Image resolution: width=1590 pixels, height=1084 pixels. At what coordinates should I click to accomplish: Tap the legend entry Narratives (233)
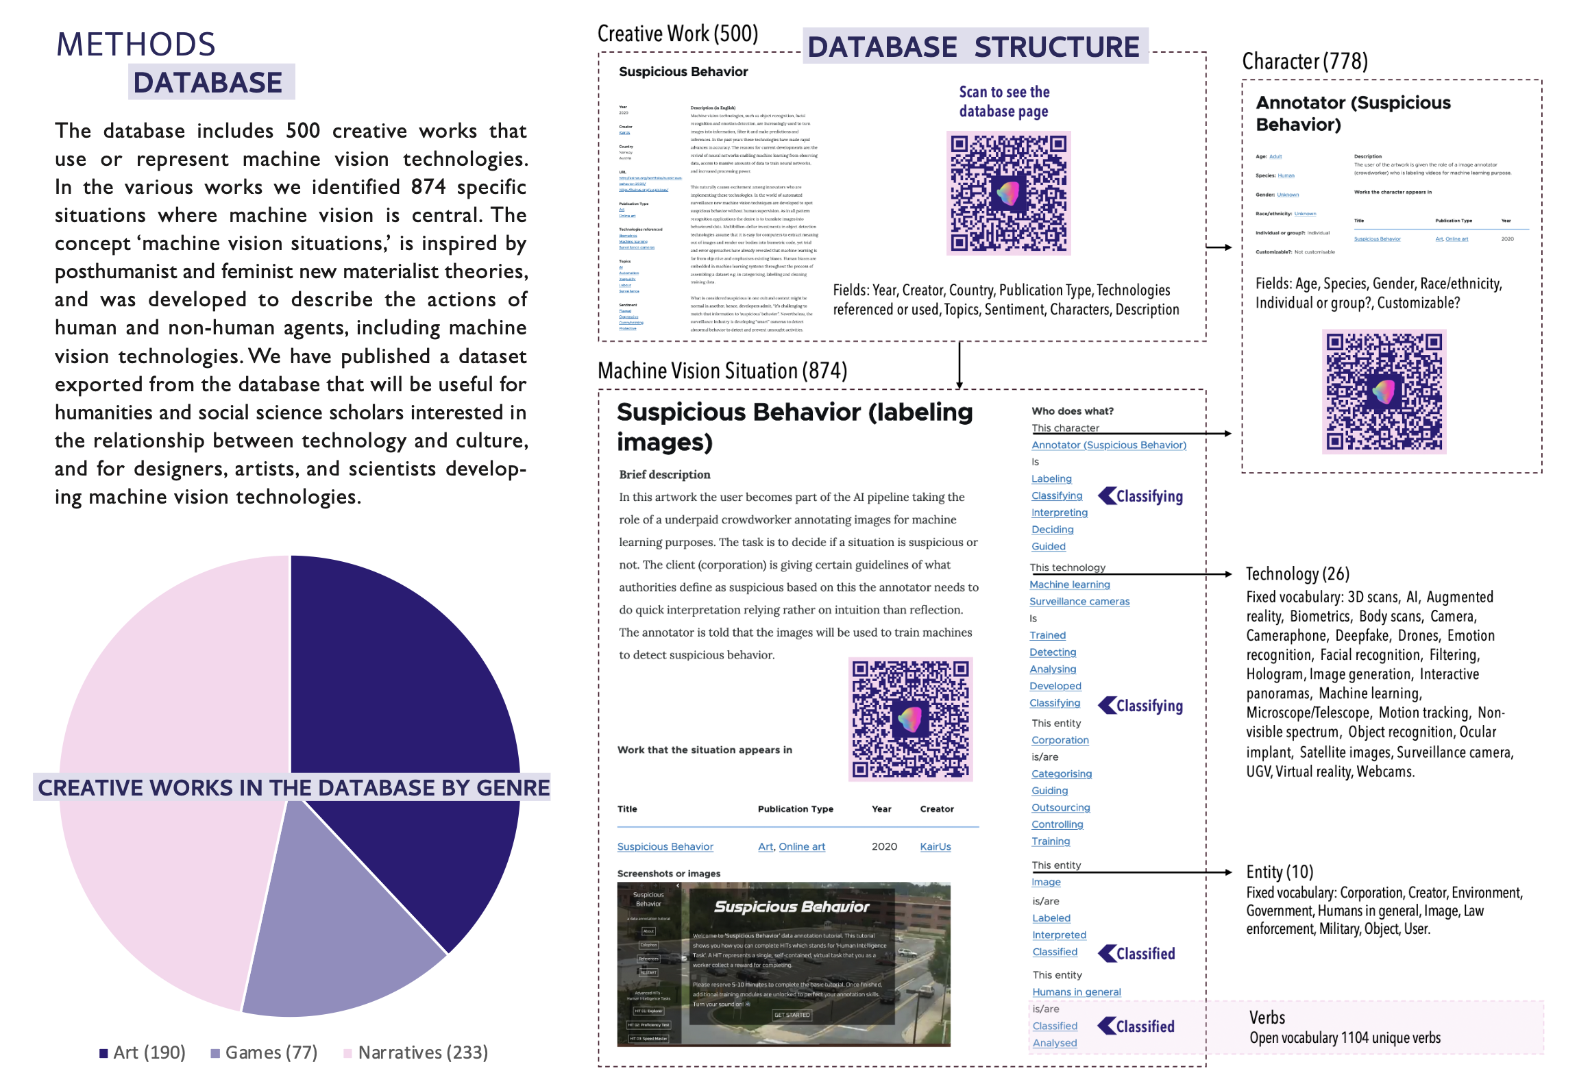pos(422,1052)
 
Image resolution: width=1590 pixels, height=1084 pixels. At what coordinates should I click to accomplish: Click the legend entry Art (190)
pos(149,1052)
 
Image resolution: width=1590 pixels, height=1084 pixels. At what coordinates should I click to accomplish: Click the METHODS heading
pos(136,45)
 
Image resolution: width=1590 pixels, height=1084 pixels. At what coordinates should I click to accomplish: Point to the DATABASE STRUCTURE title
pos(973,47)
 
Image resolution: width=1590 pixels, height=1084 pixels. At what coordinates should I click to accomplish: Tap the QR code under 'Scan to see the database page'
pos(1008,193)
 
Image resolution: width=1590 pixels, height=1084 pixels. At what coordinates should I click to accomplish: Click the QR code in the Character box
pos(1384,391)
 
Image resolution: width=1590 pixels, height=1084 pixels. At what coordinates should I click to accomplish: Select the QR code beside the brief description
pos(910,719)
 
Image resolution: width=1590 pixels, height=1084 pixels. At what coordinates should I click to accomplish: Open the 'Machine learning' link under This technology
pos(1069,584)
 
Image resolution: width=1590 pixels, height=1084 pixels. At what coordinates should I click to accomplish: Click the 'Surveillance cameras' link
pos(1079,602)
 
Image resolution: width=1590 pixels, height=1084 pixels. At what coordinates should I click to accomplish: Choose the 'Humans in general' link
pos(1076,992)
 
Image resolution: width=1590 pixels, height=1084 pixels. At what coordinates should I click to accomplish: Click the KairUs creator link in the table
pos(935,847)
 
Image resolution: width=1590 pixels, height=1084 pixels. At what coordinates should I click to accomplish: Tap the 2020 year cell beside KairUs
pos(884,847)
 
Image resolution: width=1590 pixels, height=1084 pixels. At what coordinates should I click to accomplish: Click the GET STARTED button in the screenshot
pos(792,1015)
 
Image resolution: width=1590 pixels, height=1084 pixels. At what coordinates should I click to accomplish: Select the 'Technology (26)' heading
pos(1297,574)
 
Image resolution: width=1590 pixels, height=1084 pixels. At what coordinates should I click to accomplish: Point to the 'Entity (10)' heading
pos(1279,872)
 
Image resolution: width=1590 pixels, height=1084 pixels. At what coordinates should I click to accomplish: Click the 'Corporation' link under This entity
pos(1060,740)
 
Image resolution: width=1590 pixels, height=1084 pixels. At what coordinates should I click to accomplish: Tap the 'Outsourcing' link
pos(1060,808)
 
